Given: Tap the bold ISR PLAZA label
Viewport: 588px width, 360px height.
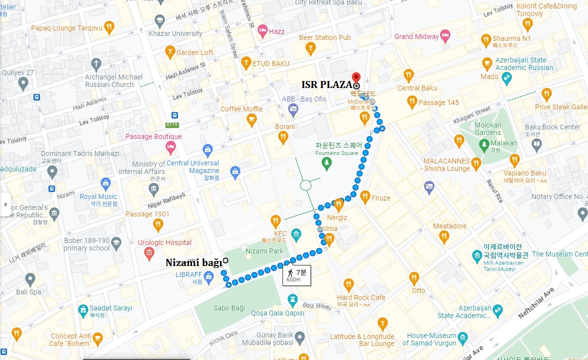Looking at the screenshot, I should (x=326, y=84).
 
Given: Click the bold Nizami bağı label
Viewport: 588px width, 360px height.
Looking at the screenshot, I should (x=193, y=263).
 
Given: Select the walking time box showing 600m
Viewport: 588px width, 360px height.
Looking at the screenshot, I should (x=297, y=275).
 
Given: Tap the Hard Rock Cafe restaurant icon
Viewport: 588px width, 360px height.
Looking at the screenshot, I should (x=348, y=284).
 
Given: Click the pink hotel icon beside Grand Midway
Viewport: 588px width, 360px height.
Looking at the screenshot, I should (x=445, y=36).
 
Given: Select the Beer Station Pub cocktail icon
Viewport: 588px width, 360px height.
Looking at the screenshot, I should (x=310, y=48).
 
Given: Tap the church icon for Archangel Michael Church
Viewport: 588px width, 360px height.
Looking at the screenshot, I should (x=96, y=63).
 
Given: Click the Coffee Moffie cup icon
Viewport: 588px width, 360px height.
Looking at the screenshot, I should (x=251, y=119).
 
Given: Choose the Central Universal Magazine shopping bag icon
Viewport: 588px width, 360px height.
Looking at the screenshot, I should (x=207, y=148).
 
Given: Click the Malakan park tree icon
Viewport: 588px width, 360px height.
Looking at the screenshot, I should (x=483, y=144).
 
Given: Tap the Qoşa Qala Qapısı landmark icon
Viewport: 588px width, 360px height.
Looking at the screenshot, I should (x=293, y=300).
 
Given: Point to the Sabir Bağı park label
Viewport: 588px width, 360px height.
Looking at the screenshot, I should (x=229, y=308).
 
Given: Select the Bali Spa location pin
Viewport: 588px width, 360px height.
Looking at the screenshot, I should (x=30, y=279).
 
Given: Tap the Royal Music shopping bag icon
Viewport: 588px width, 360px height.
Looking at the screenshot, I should (x=105, y=183).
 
